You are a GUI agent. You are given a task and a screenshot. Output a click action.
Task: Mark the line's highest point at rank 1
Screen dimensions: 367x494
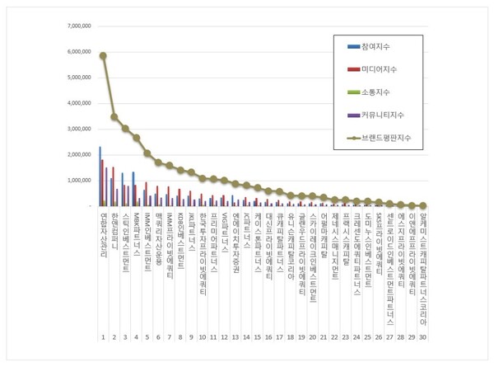click(103, 55)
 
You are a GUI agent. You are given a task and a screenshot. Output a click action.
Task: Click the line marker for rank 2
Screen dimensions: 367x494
click(114, 116)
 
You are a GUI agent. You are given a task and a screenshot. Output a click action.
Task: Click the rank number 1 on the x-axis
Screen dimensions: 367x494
click(103, 337)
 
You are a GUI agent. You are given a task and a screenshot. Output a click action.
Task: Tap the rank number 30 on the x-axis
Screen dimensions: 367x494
click(422, 337)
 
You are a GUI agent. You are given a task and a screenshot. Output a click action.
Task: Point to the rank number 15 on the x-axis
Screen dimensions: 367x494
click(257, 337)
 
